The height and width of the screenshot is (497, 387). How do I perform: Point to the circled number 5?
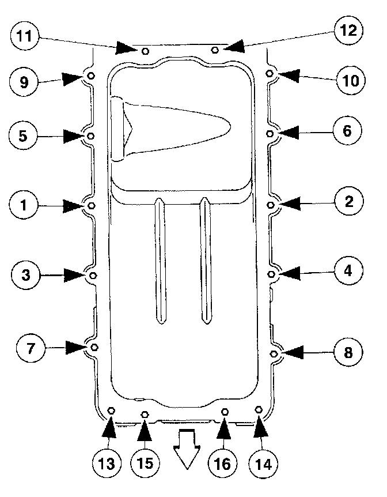pyautogui.click(x=23, y=137)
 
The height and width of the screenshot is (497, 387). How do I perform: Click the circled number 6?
pyautogui.click(x=346, y=131)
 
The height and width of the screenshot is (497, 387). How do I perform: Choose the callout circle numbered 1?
pyautogui.click(x=23, y=205)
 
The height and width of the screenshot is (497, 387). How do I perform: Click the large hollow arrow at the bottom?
pyautogui.click(x=187, y=448)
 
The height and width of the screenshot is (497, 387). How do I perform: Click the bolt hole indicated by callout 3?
pyautogui.click(x=94, y=276)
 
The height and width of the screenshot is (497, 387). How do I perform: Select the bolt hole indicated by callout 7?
pyautogui.click(x=95, y=347)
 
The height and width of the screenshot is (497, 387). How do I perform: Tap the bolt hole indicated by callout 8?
pyautogui.click(x=274, y=353)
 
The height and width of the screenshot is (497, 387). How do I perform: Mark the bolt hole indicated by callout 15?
pyautogui.click(x=145, y=414)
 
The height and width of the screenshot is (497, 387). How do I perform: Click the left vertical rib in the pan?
pyautogui.click(x=161, y=259)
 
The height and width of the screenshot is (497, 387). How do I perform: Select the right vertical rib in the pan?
pyautogui.click(x=204, y=259)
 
